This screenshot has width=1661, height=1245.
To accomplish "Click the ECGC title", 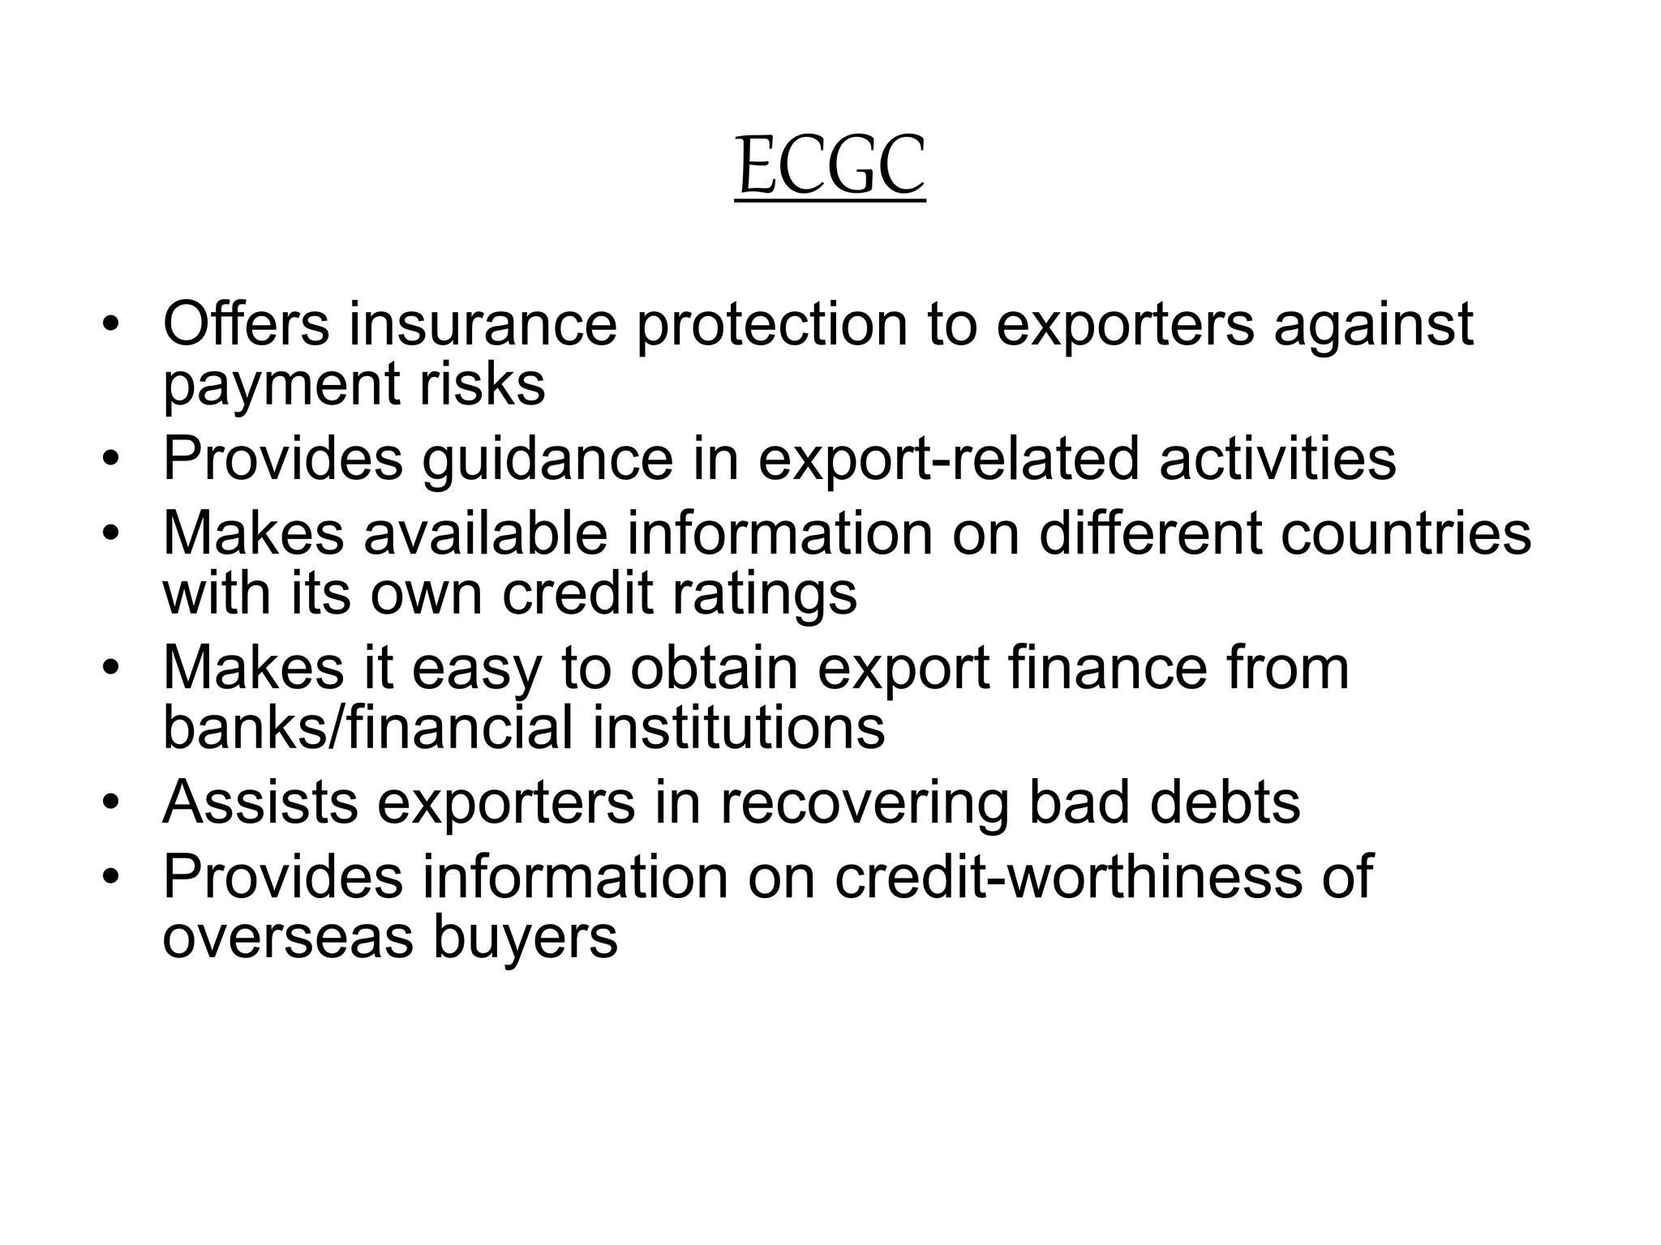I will pos(830,167).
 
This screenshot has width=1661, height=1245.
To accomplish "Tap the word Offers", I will pos(246,324).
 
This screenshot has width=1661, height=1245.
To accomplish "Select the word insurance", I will pos(483,324).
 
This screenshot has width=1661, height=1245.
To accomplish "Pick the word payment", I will pos(281,386).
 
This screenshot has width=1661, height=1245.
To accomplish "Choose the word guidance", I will pos(547,460).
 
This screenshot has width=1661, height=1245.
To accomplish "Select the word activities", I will pos(1277,458).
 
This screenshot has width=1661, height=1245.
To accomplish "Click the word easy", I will pos(475,670).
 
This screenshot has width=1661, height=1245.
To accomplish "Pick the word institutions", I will pos(738,727).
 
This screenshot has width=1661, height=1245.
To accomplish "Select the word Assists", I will pos(260,802).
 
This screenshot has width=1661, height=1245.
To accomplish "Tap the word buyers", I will pos(525,938).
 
